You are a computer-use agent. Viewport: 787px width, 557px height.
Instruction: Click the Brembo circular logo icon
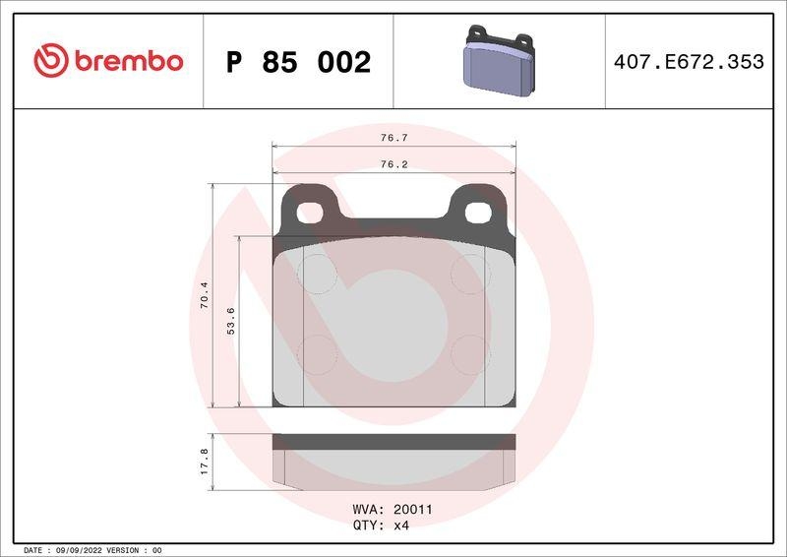[49, 61]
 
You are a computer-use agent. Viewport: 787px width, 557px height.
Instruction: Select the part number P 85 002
[298, 62]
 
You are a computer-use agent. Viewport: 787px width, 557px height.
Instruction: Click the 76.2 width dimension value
[394, 164]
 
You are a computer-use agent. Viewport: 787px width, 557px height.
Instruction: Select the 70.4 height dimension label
[205, 295]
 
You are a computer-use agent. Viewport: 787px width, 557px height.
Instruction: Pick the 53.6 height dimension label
[231, 322]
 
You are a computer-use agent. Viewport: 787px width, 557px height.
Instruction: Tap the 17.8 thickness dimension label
[205, 461]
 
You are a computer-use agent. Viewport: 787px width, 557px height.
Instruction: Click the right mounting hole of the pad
[476, 211]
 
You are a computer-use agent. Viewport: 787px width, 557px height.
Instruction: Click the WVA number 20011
[413, 510]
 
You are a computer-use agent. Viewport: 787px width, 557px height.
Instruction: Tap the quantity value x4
[400, 526]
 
